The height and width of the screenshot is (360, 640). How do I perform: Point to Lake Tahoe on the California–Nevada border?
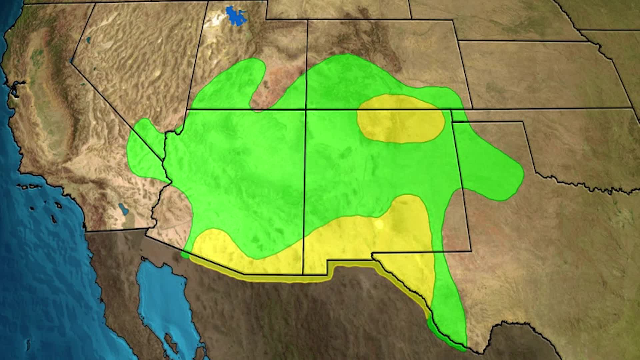[71, 61]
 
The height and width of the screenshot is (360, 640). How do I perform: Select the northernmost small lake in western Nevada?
[88, 40]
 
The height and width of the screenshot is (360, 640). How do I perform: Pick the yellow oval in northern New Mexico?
[401, 119]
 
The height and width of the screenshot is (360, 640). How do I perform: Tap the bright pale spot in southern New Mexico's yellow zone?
[379, 224]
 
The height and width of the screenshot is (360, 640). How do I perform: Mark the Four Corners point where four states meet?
[306, 109]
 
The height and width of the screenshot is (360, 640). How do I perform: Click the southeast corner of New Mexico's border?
[471, 251]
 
